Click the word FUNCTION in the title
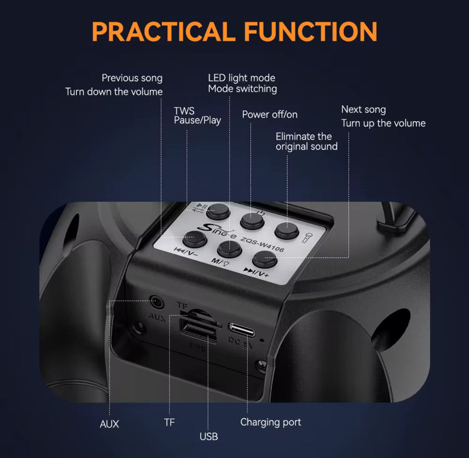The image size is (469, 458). pos(311,31)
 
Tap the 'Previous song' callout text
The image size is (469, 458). pos(132,78)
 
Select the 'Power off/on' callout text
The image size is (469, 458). pos(270,114)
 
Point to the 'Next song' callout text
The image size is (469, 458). pos(363,110)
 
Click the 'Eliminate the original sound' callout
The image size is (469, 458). pos(307,141)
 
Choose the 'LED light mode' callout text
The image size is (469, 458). pos(242,78)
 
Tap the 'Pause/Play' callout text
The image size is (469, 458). pos(198,121)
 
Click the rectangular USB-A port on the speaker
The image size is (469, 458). pos(198,330)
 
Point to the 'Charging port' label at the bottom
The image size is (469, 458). pos(271,422)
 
